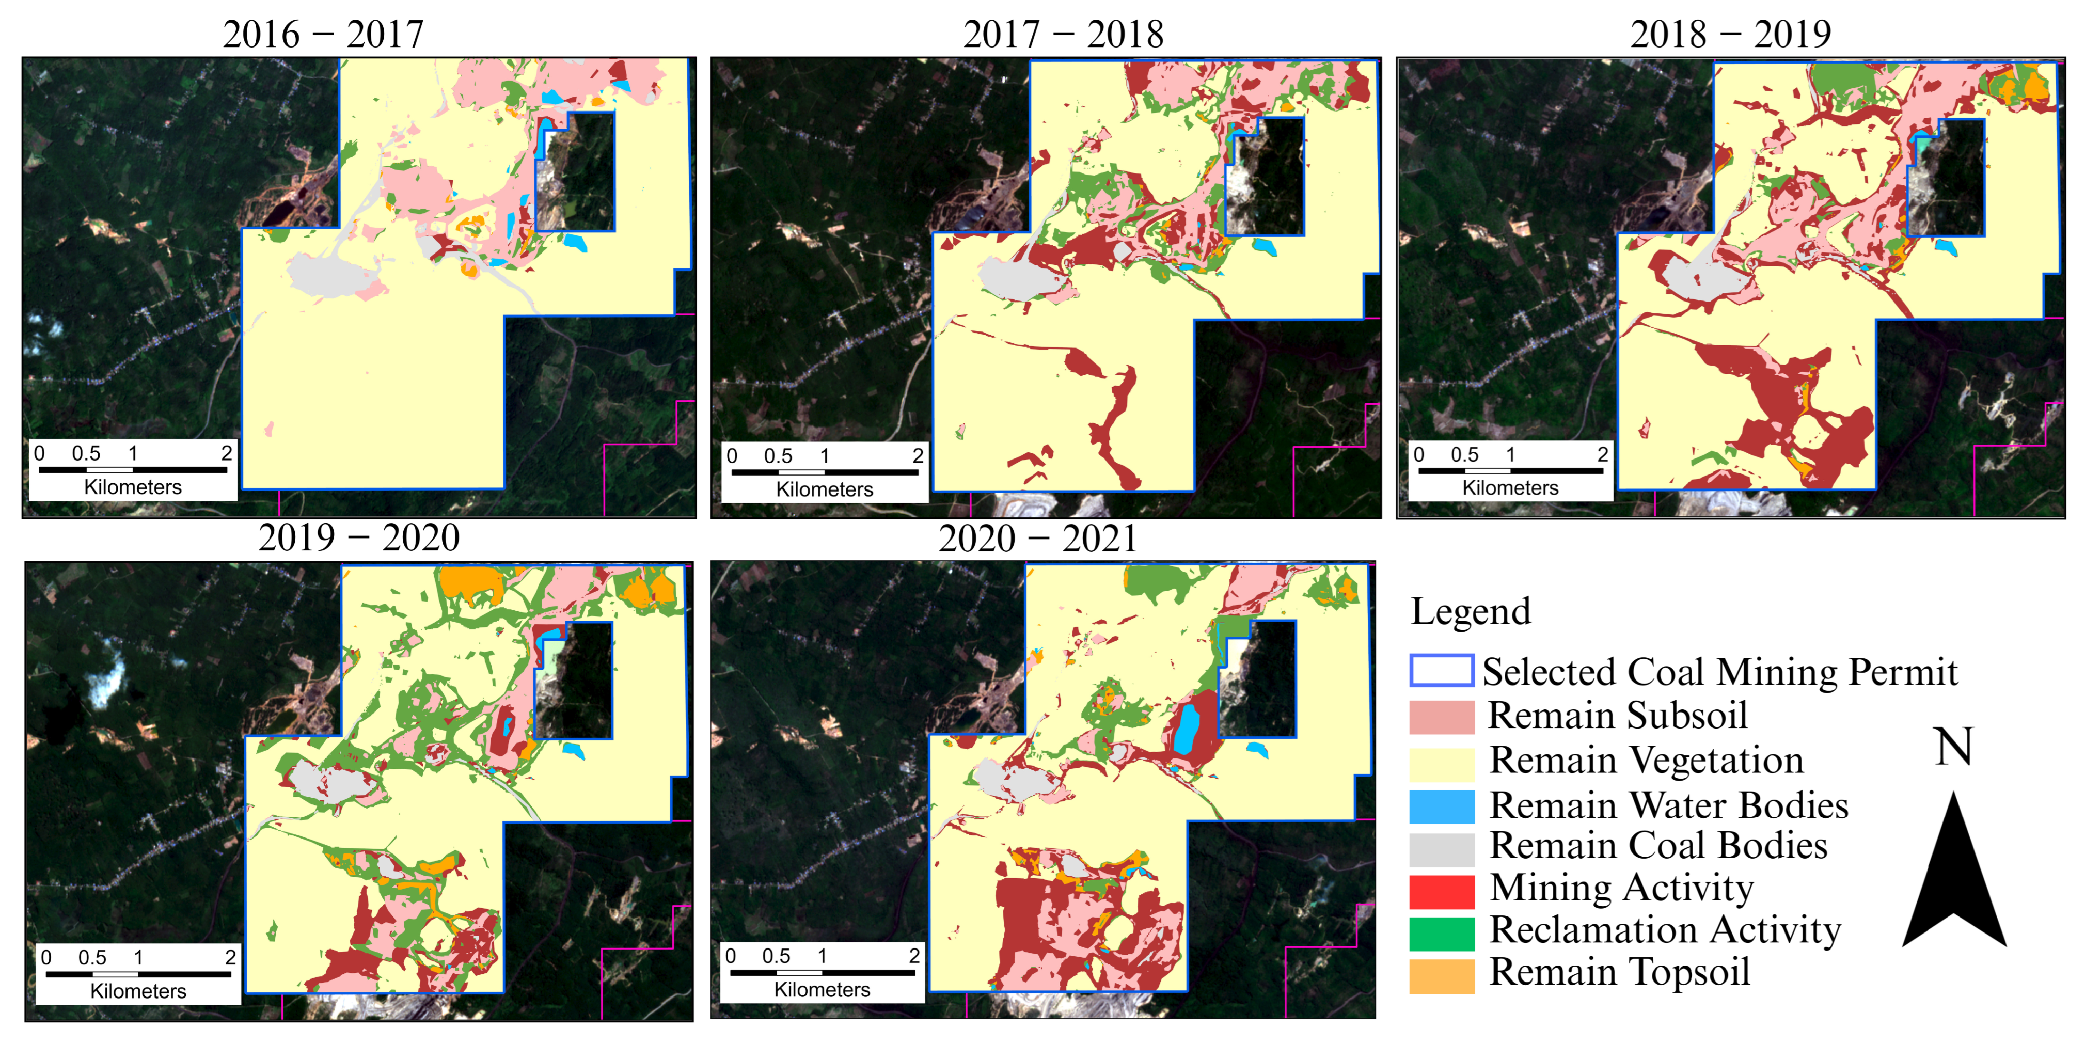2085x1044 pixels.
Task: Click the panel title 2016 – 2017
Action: click(323, 35)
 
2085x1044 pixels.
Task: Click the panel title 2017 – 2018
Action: click(1063, 35)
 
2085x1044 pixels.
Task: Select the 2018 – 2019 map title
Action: click(1730, 35)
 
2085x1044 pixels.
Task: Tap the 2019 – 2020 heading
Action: click(358, 538)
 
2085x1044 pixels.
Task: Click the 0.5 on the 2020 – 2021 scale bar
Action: click(776, 956)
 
